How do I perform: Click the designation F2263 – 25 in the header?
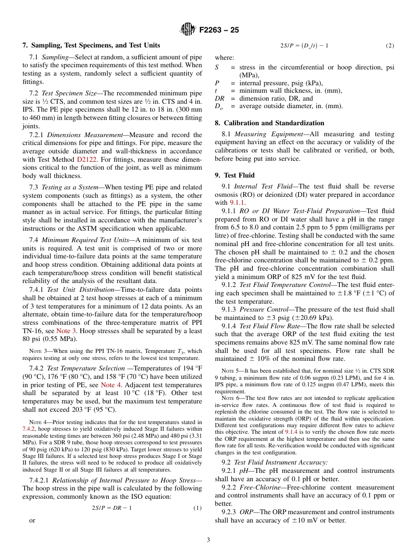(219, 30)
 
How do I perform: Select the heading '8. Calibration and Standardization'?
(270, 123)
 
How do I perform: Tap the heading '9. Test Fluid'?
(234, 175)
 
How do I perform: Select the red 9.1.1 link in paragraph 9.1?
(237, 203)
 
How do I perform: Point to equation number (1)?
(198, 508)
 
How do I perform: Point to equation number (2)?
(390, 46)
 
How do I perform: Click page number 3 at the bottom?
(208, 540)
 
